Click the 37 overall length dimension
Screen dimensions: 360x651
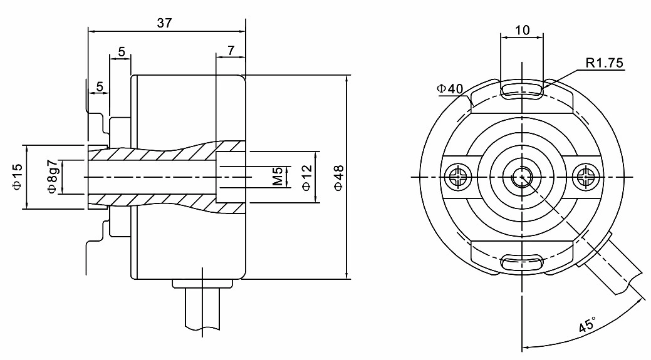[164, 23]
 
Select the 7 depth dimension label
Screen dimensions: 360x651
[231, 51]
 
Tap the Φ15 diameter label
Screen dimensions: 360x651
[17, 177]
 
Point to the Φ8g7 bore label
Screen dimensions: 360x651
[52, 177]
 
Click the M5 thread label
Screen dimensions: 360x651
[278, 177]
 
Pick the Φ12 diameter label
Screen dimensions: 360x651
[307, 177]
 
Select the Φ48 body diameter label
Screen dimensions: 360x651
[338, 177]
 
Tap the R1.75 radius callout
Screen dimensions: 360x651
[605, 63]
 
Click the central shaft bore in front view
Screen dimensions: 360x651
[521, 177]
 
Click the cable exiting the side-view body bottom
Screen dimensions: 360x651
[203, 310]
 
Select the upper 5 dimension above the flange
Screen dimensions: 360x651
[120, 51]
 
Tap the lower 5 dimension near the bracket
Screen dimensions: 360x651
[99, 87]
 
